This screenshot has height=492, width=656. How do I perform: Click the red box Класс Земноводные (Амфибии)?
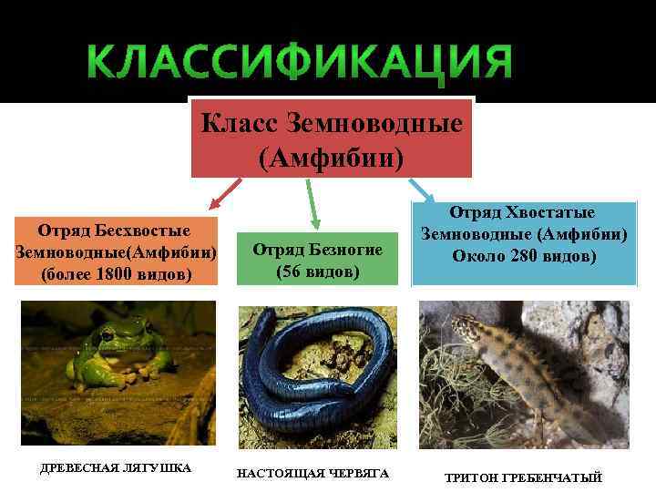tap(332, 138)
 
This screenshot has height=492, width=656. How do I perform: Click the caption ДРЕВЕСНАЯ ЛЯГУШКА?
tap(117, 468)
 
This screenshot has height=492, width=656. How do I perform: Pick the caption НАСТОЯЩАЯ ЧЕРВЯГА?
tap(313, 474)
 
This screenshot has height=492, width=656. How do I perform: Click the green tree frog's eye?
tap(108, 336)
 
